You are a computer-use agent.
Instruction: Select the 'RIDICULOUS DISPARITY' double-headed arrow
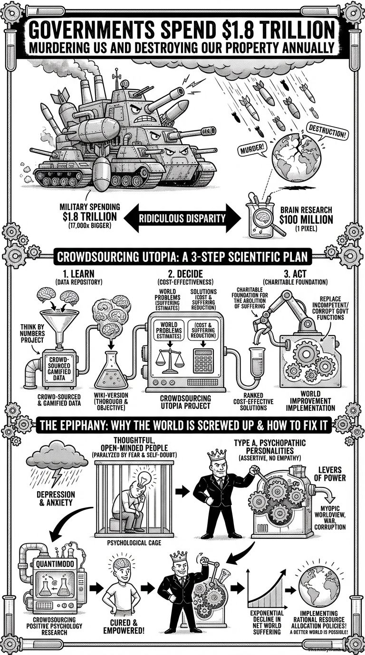pyautogui.click(x=182, y=218)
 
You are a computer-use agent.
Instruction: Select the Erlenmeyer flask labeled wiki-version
pyautogui.click(x=111, y=370)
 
